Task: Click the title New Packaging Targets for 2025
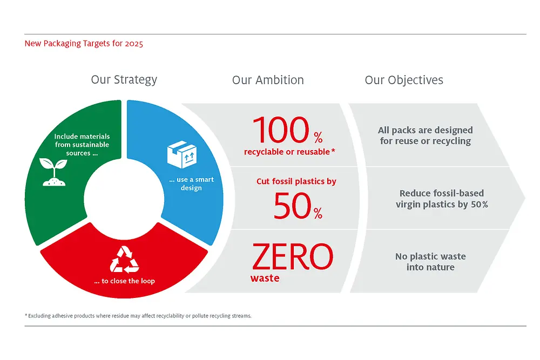tap(84, 44)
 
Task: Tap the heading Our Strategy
tap(124, 80)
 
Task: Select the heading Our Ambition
tap(268, 80)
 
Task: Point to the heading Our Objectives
tap(404, 80)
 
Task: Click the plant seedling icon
tap(55, 172)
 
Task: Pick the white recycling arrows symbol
tap(124, 259)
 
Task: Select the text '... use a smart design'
tap(192, 184)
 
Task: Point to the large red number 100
tap(281, 131)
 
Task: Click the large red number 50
tap(292, 206)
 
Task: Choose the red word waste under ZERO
tap(265, 279)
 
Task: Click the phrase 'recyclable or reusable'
tap(287, 152)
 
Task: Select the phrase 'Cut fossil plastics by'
tap(296, 181)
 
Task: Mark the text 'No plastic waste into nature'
tap(430, 262)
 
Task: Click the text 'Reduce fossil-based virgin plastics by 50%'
tap(442, 199)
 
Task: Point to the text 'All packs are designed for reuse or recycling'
tap(426, 135)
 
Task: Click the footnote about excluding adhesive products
tap(138, 316)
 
